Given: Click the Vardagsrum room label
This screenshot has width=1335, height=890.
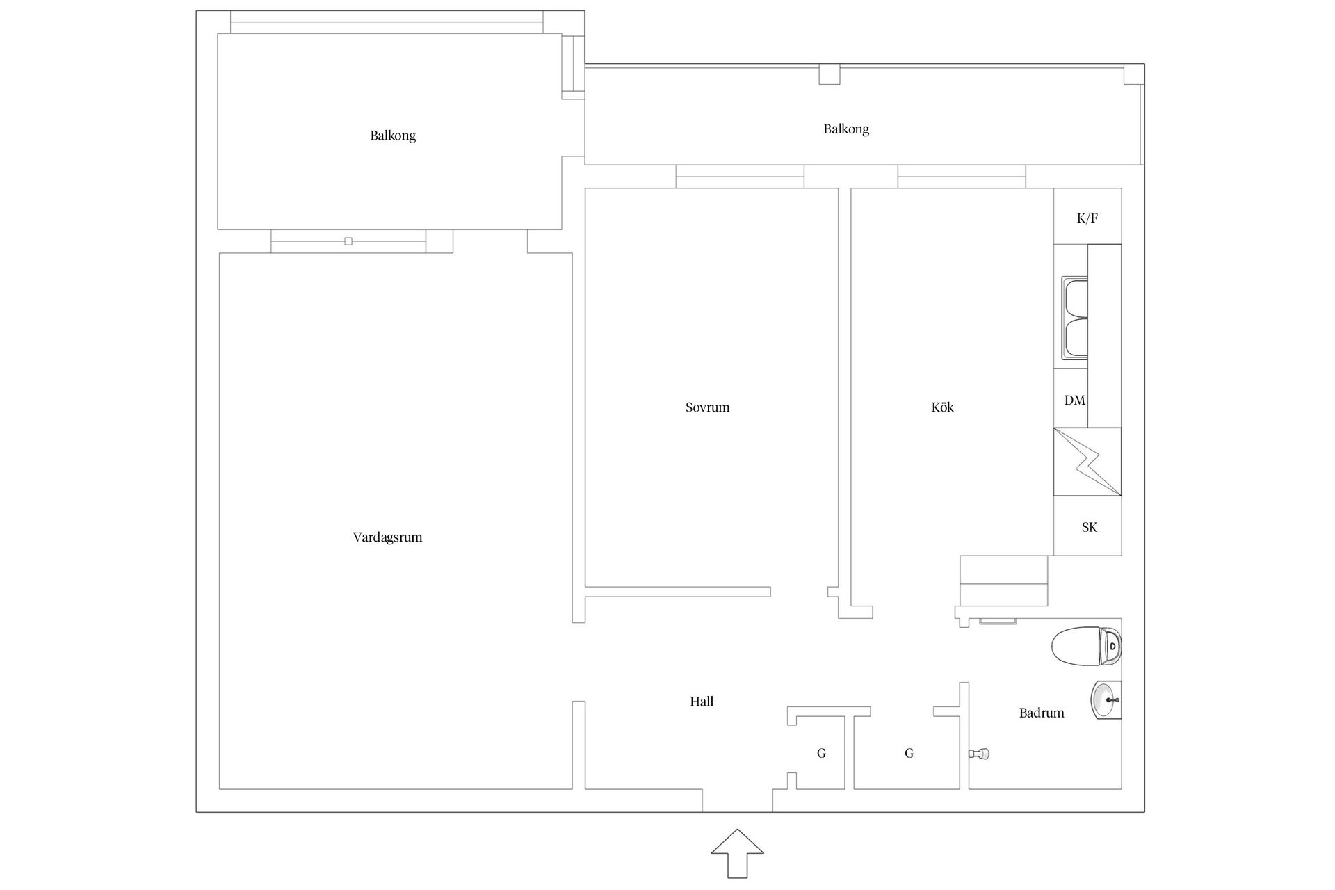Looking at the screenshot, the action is point(387,537).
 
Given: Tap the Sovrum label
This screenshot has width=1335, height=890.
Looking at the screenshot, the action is point(707,407).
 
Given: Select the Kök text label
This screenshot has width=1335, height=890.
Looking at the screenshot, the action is point(942,407).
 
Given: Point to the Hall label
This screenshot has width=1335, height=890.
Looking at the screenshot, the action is point(702,702).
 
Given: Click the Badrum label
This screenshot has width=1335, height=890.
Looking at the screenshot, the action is point(1042,713).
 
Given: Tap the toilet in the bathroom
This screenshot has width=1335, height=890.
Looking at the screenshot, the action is point(1086,647).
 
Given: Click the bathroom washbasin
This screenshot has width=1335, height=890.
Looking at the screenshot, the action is point(1106,700).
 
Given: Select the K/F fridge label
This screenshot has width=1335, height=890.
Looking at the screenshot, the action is point(1087,218).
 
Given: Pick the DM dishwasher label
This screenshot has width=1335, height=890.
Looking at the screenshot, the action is point(1075,400).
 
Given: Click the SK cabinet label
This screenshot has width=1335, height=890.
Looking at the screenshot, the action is point(1090,528).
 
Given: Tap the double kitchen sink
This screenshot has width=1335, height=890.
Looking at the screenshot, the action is point(1074,318).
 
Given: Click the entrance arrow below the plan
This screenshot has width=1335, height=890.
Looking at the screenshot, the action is point(737,852).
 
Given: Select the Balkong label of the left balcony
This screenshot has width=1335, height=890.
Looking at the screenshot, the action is point(393,136).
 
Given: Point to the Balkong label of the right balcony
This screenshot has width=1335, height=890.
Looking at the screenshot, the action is point(846,129).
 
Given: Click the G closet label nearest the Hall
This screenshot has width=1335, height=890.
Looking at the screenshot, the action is point(821,754).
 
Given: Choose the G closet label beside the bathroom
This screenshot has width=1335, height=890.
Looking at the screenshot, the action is point(909,754).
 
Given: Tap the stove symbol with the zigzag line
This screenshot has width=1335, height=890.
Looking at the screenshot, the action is point(1087,462).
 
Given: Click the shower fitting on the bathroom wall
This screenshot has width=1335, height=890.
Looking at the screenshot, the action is point(979,754).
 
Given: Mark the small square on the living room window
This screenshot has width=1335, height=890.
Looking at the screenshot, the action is point(348,241).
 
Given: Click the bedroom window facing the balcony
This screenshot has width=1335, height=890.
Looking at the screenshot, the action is point(740,177).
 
